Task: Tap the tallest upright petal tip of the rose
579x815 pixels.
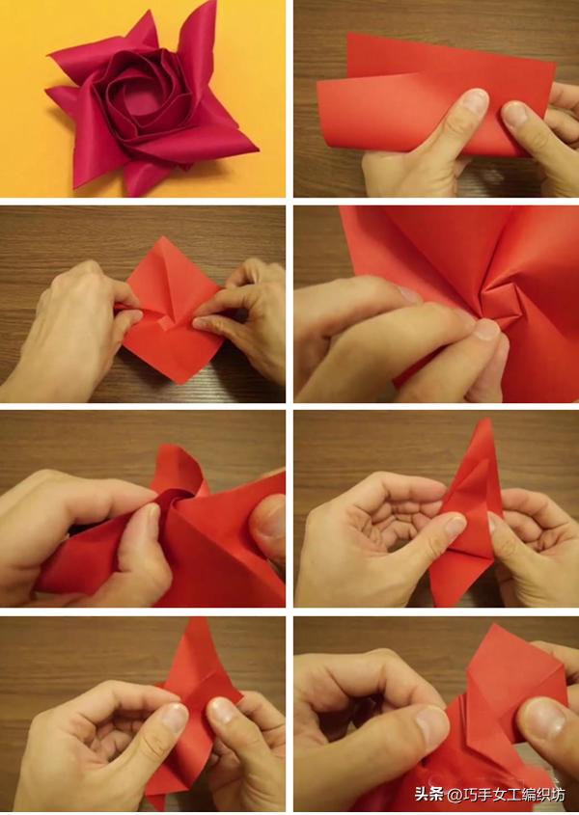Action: [212, 3]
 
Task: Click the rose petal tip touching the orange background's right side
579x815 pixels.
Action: [256, 149]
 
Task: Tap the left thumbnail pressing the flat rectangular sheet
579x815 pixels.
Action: [474, 101]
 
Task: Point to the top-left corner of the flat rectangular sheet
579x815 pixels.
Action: [348, 34]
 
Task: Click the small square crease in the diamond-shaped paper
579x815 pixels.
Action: [166, 323]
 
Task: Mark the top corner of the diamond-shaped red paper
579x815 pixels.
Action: [165, 237]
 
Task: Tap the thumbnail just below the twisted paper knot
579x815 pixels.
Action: [487, 330]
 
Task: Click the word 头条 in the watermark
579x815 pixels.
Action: [428, 794]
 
